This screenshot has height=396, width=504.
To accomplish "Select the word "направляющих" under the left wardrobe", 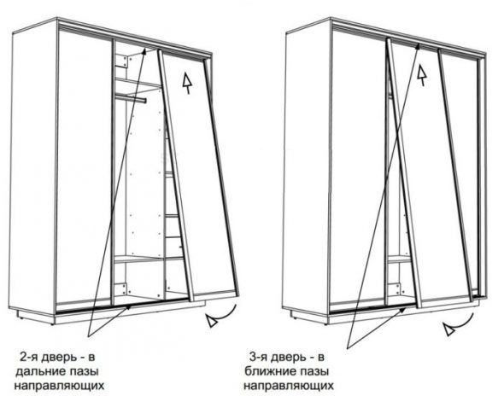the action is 59,386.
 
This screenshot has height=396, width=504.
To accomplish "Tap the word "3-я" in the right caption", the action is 257,357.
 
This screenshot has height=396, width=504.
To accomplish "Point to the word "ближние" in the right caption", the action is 269,371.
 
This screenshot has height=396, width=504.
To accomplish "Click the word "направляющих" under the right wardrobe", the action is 289,386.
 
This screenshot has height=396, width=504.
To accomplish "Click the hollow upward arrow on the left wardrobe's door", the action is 187,83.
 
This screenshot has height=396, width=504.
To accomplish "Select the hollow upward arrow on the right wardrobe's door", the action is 422,75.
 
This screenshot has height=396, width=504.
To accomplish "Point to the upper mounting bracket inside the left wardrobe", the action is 122,61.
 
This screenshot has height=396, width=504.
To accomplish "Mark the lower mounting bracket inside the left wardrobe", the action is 121,289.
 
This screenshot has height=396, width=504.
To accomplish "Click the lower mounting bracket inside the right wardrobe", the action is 395,288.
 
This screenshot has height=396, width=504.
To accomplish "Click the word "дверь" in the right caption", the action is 289,358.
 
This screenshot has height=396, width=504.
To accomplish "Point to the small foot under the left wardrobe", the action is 20,318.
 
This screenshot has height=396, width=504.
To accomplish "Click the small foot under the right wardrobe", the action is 293,318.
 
